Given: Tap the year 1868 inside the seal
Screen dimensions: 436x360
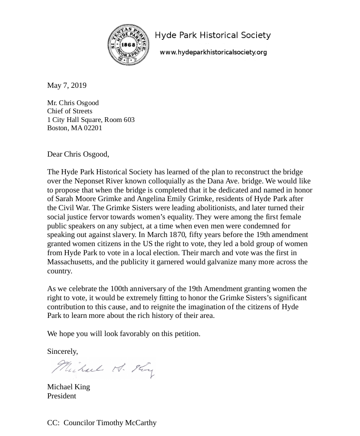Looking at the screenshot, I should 128,45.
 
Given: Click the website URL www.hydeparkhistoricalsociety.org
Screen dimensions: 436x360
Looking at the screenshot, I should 213,52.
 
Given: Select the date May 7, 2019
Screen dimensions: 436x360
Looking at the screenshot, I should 67,85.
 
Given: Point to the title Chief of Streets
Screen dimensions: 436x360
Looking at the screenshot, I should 70,111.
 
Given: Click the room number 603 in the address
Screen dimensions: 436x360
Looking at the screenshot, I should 129,119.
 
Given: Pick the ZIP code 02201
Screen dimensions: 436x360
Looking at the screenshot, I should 93,128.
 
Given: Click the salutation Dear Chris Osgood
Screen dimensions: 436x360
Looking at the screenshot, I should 78,154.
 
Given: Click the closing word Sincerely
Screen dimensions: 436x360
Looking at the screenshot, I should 62,352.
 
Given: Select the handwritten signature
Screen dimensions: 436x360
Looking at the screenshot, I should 103,369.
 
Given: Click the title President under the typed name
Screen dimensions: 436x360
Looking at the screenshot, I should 61,396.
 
